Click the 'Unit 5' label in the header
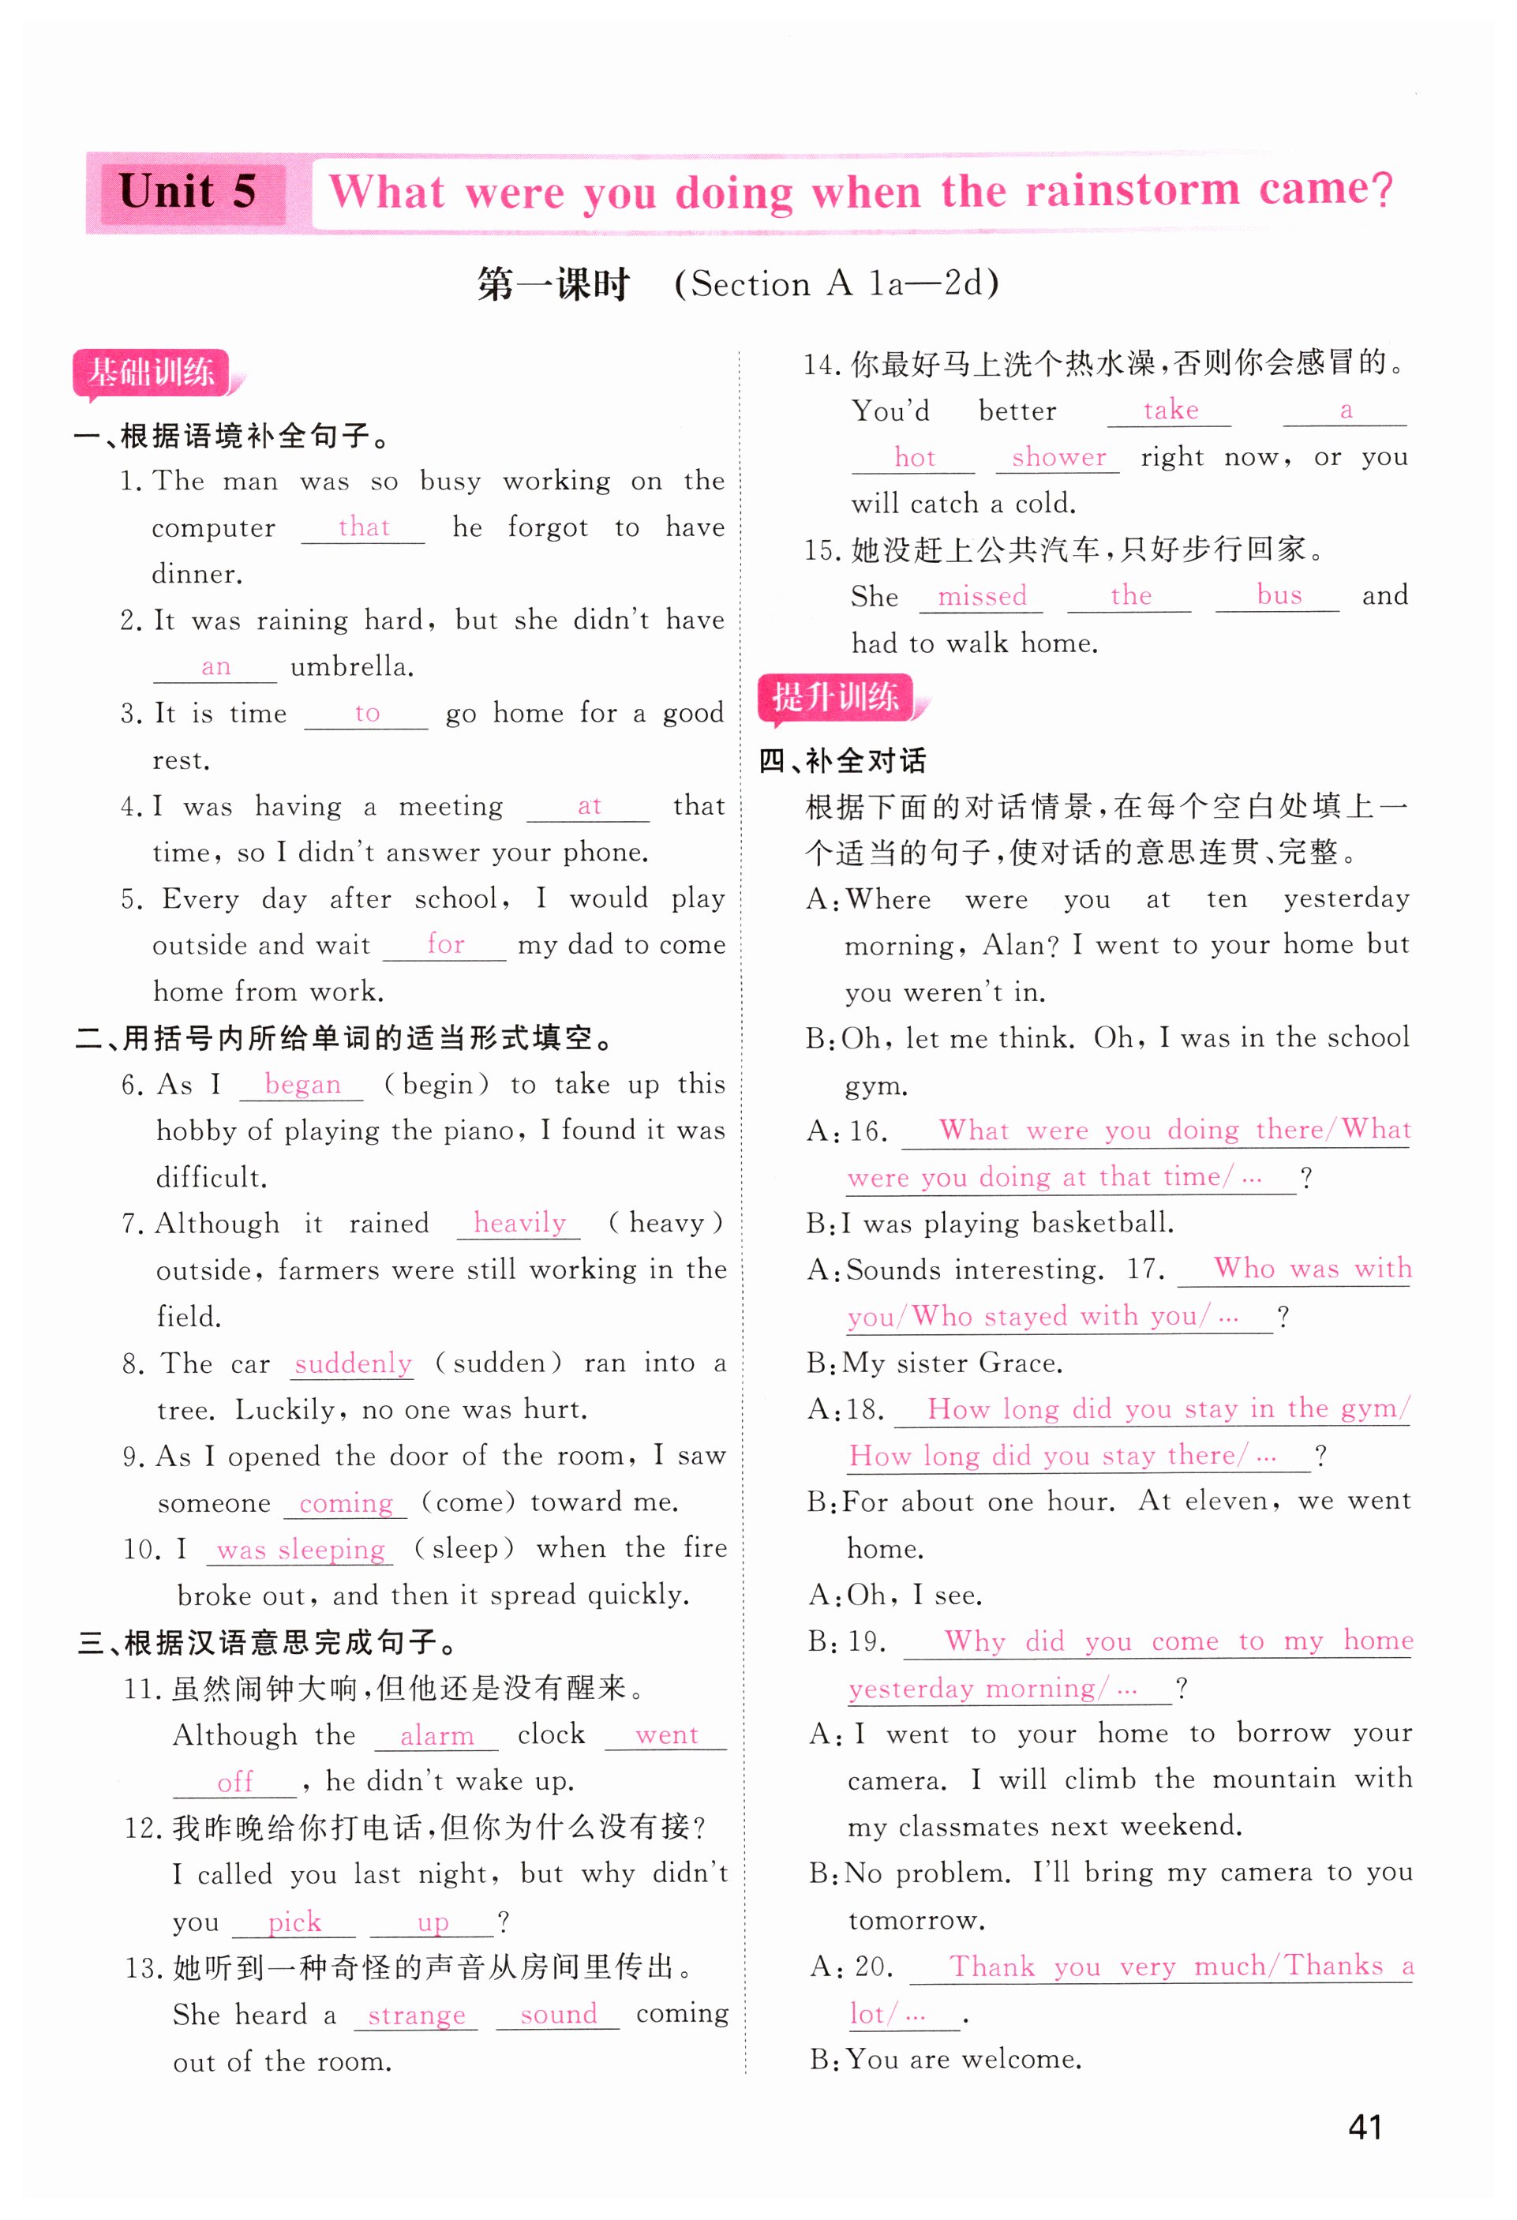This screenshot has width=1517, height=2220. click(187, 192)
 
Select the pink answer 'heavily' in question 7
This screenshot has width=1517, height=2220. click(519, 1223)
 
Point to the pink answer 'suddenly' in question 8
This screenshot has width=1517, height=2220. click(353, 1363)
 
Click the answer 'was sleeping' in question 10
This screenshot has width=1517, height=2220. click(300, 1550)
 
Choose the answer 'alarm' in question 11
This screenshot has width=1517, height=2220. click(436, 1736)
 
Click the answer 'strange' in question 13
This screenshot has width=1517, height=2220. click(417, 2016)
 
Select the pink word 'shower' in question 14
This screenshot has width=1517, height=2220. click(1058, 458)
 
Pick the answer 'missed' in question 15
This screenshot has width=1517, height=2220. click(981, 597)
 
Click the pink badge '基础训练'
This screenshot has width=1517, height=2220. click(152, 373)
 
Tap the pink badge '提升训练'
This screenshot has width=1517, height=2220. click(836, 697)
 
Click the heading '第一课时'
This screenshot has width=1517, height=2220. click(553, 285)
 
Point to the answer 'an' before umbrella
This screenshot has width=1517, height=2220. click(216, 667)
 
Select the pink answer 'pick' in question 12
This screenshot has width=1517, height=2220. click(294, 1922)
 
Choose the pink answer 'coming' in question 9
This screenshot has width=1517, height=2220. click(346, 1504)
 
